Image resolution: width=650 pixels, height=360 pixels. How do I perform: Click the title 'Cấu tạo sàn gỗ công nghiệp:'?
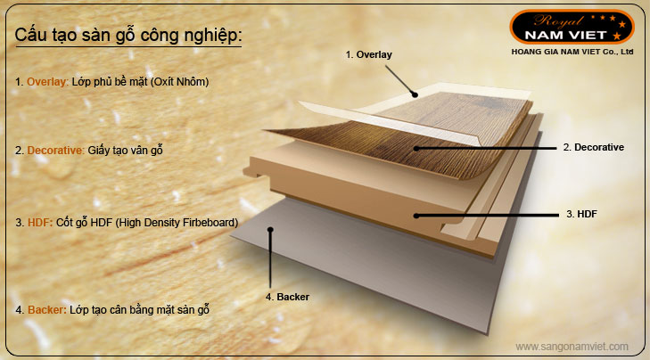coord(128,35)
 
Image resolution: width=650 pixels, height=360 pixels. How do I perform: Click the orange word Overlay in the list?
coord(46,82)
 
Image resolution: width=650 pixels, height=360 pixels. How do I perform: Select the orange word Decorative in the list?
coord(55,151)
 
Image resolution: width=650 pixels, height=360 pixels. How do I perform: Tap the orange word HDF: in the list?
coord(40,223)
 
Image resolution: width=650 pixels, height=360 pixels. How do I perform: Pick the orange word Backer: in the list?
coord(47,310)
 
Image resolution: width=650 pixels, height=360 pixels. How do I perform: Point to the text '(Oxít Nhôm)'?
coord(179,82)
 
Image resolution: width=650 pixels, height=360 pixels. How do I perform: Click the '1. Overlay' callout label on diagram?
coord(368,54)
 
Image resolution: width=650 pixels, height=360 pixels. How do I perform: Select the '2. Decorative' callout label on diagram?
coord(593,148)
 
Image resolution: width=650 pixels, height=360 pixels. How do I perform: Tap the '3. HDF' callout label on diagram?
coord(581,214)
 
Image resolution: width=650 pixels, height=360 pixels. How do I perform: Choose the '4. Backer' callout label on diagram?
coord(287,297)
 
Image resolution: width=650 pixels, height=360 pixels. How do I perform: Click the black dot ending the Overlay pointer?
coord(415,94)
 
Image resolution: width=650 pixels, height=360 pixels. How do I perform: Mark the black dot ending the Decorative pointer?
coord(416,148)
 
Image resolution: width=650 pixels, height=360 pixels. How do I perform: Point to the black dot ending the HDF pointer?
coord(416,216)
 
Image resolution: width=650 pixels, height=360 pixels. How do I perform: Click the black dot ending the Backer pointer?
coord(270,230)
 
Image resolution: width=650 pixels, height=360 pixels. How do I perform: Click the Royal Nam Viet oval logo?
coord(572,27)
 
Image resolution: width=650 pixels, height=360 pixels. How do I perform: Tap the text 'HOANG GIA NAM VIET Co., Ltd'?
coord(572,52)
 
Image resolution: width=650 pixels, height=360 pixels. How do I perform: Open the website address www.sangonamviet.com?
coord(572,347)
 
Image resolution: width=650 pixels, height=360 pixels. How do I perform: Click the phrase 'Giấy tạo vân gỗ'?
coord(125,151)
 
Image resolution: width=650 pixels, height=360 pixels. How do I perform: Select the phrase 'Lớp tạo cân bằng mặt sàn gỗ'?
coord(139,310)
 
